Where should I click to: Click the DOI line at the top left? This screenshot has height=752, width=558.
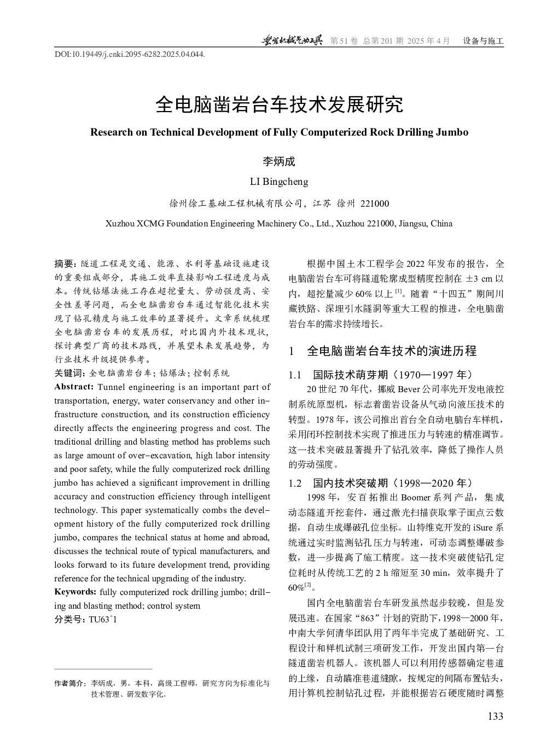(x=130, y=55)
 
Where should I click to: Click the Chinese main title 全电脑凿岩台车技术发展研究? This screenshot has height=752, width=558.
(x=279, y=104)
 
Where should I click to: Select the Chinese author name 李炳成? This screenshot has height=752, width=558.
(x=279, y=161)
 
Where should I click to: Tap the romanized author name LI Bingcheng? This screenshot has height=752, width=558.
(x=279, y=182)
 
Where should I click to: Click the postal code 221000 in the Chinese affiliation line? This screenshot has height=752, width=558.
(x=375, y=204)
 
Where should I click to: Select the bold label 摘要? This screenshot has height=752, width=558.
(x=66, y=264)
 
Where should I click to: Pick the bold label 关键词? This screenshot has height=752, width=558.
(x=69, y=373)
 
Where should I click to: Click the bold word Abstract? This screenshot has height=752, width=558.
(x=74, y=387)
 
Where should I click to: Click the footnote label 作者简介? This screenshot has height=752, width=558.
(x=70, y=684)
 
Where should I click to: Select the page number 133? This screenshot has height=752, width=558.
(x=495, y=716)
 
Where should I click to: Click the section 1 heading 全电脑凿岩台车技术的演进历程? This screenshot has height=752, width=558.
(x=392, y=351)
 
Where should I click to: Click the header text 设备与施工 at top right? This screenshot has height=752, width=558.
(x=483, y=41)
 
